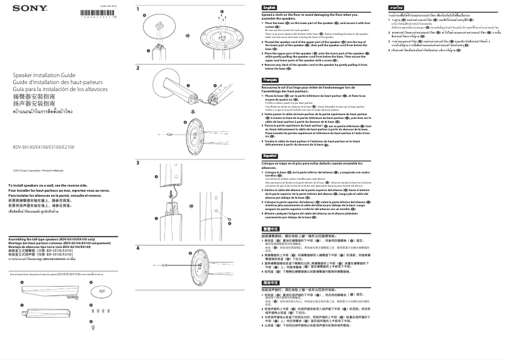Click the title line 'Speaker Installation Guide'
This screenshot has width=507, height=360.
coord(41,92)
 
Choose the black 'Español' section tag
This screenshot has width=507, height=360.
coord(270,155)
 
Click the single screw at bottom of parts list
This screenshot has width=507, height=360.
coord(94,326)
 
